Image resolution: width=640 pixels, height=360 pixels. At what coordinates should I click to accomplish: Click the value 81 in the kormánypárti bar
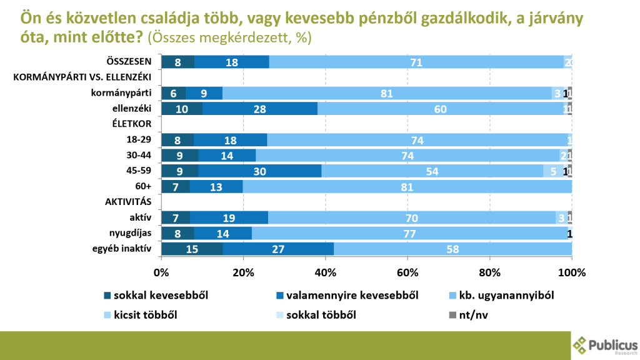386,93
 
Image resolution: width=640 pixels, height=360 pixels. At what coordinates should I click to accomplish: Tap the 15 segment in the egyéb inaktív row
192,249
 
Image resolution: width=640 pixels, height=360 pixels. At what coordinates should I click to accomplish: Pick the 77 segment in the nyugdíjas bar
409,234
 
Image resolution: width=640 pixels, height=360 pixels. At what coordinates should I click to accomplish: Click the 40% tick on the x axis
325,272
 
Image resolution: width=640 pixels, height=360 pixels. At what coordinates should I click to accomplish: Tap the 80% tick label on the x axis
489,272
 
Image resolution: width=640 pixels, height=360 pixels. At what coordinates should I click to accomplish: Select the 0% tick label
161,272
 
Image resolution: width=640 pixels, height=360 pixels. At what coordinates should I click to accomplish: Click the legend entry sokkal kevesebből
151,294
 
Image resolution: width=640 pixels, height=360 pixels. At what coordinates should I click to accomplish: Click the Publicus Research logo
604,346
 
